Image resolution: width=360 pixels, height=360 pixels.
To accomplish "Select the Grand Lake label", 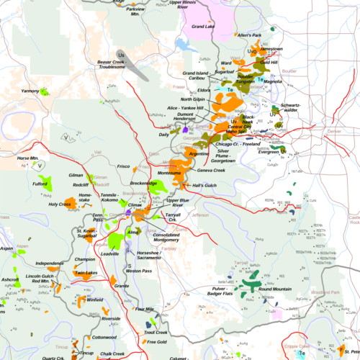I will [x=204, y=26].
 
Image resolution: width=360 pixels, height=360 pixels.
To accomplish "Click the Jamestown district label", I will [x=271, y=49].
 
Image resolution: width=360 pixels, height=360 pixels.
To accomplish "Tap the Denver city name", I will [x=333, y=132].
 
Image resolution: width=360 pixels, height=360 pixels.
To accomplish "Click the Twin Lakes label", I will [x=86, y=273].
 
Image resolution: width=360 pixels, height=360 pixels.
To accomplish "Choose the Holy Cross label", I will [x=60, y=204].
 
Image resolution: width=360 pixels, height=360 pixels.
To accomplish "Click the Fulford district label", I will [x=44, y=183].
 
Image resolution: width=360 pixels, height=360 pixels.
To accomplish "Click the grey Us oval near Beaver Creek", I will [x=121, y=55].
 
